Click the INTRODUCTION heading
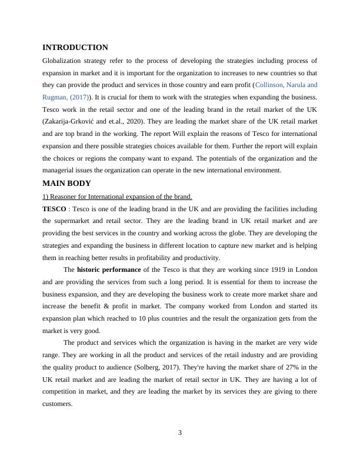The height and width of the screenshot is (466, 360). [75, 48]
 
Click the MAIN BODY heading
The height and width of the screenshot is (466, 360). [66, 184]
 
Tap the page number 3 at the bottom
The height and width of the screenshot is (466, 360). [180, 433]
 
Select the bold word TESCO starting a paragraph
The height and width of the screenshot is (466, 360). [54, 209]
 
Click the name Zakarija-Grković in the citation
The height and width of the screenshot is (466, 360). [71, 122]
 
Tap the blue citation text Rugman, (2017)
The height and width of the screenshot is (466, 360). [64, 97]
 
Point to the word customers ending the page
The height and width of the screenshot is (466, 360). [58, 404]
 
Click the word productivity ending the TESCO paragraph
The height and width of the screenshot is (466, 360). [202, 258]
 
